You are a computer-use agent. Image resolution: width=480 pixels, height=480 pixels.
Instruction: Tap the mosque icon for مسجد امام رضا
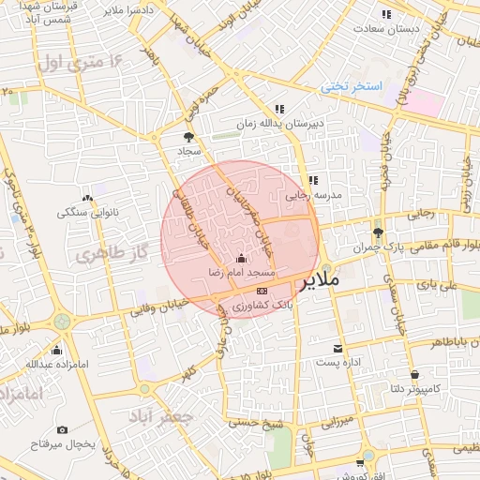pos(242,258)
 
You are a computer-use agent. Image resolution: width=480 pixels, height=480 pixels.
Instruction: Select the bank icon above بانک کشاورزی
pos(261,292)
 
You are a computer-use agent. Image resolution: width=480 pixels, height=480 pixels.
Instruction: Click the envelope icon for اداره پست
pos(337,349)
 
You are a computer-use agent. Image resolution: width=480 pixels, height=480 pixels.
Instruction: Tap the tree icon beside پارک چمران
pos(378,232)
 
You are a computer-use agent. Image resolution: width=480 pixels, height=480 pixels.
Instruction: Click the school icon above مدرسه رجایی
pos(313,180)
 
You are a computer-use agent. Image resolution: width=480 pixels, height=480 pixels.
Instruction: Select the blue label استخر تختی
pos(352,86)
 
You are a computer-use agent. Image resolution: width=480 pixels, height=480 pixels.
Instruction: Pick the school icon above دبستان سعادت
pos(386,14)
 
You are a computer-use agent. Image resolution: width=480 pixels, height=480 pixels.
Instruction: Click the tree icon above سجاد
pos(189,137)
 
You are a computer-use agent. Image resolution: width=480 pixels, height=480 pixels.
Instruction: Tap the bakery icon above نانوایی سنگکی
pos(87,198)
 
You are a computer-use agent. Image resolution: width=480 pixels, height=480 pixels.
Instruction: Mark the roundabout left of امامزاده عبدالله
pos(62,322)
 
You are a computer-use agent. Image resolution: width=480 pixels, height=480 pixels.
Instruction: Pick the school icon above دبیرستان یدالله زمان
pos(279,109)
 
